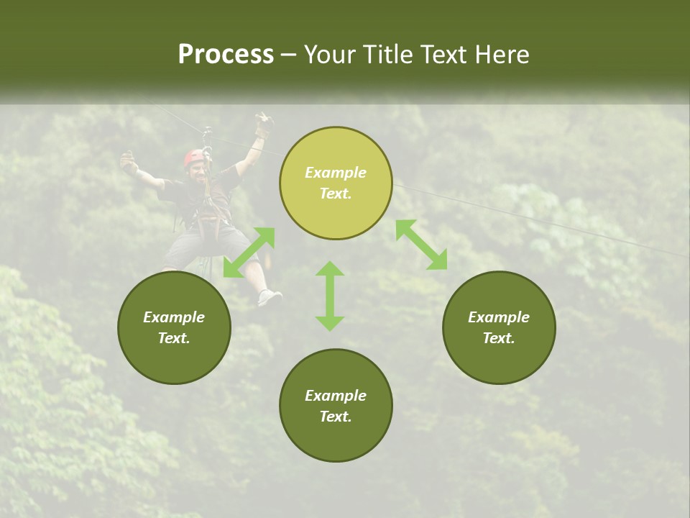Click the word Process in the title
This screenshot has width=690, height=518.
(226, 55)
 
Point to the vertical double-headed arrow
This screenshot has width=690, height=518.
(330, 296)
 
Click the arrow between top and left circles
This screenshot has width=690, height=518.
(249, 253)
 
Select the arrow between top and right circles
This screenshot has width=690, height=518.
(421, 245)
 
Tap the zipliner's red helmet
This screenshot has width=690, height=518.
(194, 157)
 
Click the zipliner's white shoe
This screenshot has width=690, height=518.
(270, 296)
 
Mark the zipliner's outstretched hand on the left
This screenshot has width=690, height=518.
(129, 163)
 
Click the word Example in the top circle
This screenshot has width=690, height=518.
(336, 173)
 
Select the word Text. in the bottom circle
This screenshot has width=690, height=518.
(336, 417)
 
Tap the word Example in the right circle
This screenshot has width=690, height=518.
(499, 317)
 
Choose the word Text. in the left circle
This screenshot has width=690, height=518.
(174, 338)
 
